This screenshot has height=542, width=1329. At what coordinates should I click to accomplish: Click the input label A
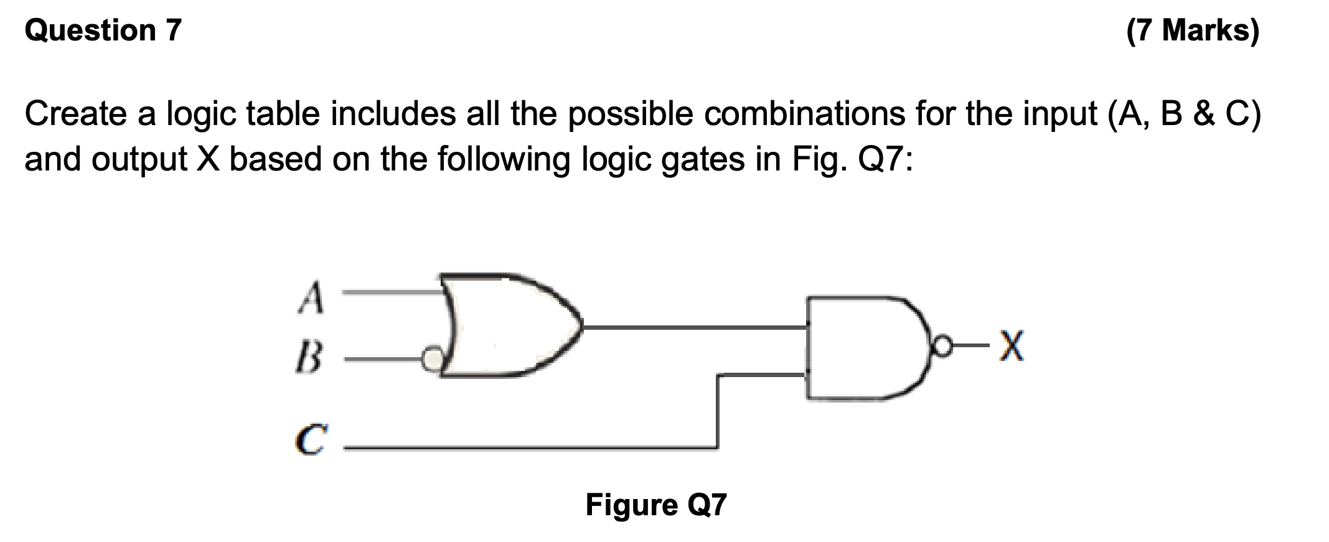point(311,297)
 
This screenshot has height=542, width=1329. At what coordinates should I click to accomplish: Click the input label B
point(309,357)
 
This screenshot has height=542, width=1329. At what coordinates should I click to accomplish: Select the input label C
point(309,441)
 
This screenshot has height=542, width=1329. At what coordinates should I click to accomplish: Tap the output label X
point(1010,347)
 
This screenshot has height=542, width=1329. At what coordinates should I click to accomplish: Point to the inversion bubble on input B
point(430,358)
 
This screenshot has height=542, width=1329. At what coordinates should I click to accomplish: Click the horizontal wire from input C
point(529,447)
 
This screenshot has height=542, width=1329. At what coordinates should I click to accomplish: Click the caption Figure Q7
point(655,505)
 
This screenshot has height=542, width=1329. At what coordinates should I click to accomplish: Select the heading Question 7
point(103,30)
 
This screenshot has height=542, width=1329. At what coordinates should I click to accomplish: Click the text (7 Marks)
point(1193,30)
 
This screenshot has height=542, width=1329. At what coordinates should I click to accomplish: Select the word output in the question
point(139,159)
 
